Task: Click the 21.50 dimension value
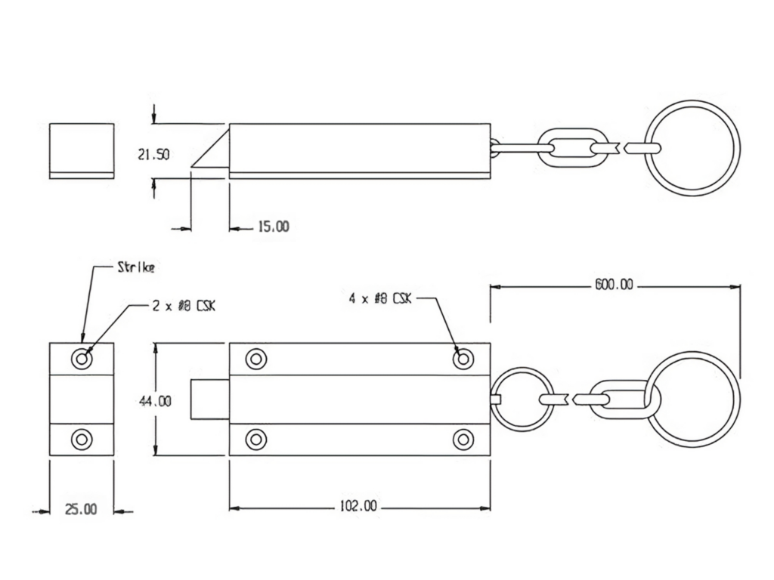pos(153,155)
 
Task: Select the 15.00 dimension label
pos(273,227)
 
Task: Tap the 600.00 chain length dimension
pos(613,285)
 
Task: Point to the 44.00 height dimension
pos(155,401)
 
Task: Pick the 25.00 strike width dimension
pos(81,510)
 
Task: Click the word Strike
pos(135,267)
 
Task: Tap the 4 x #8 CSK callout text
pos(380,298)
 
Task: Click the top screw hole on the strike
pos(82,359)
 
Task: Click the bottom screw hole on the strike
pos(82,439)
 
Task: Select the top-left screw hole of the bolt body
pos(256,359)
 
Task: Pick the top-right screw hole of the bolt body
pos(463,359)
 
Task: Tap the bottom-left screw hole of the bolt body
pos(256,439)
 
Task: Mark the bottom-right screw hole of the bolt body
pos(463,439)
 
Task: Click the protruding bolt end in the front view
pos(211,399)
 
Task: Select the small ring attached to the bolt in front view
pos(522,399)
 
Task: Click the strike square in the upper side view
pos(82,150)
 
